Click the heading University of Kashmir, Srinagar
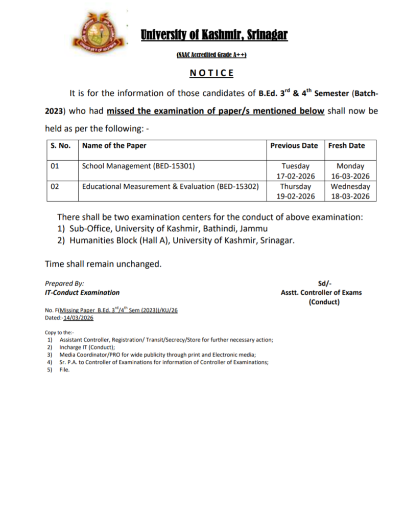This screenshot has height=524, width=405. [x=214, y=35]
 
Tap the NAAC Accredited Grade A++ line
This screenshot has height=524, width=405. [x=211, y=55]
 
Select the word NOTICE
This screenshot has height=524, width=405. [x=211, y=73]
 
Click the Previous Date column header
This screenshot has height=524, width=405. [x=294, y=145]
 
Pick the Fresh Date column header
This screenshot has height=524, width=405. [x=346, y=145]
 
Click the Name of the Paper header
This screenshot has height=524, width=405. [x=114, y=145]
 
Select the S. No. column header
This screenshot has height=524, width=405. [x=60, y=145]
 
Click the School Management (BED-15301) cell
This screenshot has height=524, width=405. [x=138, y=166]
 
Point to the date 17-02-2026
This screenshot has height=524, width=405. [x=296, y=176]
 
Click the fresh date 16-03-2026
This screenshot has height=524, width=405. [x=350, y=176]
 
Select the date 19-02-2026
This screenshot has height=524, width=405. [x=296, y=196]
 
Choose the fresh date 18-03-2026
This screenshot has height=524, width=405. [x=350, y=196]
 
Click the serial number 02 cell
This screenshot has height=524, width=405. [x=55, y=186]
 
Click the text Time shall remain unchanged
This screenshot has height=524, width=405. [x=103, y=264]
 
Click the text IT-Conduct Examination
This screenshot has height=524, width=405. [x=82, y=293]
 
